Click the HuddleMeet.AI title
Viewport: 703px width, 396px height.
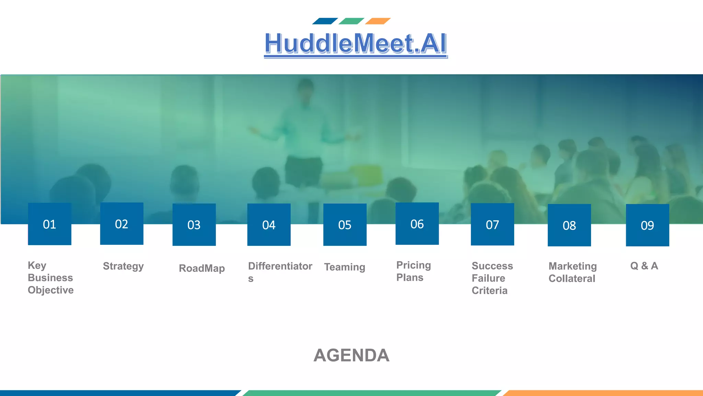pos(356,44)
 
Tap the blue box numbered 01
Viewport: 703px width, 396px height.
pos(49,224)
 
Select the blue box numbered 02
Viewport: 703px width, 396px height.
pos(122,224)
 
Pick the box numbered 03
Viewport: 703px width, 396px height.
pos(194,225)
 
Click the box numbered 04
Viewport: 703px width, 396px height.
pos(269,225)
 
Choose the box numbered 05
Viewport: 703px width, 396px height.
pos(345,225)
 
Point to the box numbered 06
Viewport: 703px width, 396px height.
pos(417,224)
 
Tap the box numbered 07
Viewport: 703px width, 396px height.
pos(492,224)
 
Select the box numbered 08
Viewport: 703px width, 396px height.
pos(569,225)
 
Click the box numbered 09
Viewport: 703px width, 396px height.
pos(647,225)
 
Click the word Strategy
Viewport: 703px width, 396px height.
pos(123,266)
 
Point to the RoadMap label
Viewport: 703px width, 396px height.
pos(202,268)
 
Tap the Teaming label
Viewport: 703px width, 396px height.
pos(345,267)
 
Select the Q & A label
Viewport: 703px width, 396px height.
pos(644,266)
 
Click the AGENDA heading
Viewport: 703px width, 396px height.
pos(351,355)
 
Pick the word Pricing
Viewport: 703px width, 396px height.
pos(414,265)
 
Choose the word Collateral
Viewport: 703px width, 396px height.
pos(572,278)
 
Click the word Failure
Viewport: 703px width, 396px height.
pos(488,278)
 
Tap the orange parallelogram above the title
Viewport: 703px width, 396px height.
pos(378,21)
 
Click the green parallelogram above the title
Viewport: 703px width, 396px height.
pos(351,21)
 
